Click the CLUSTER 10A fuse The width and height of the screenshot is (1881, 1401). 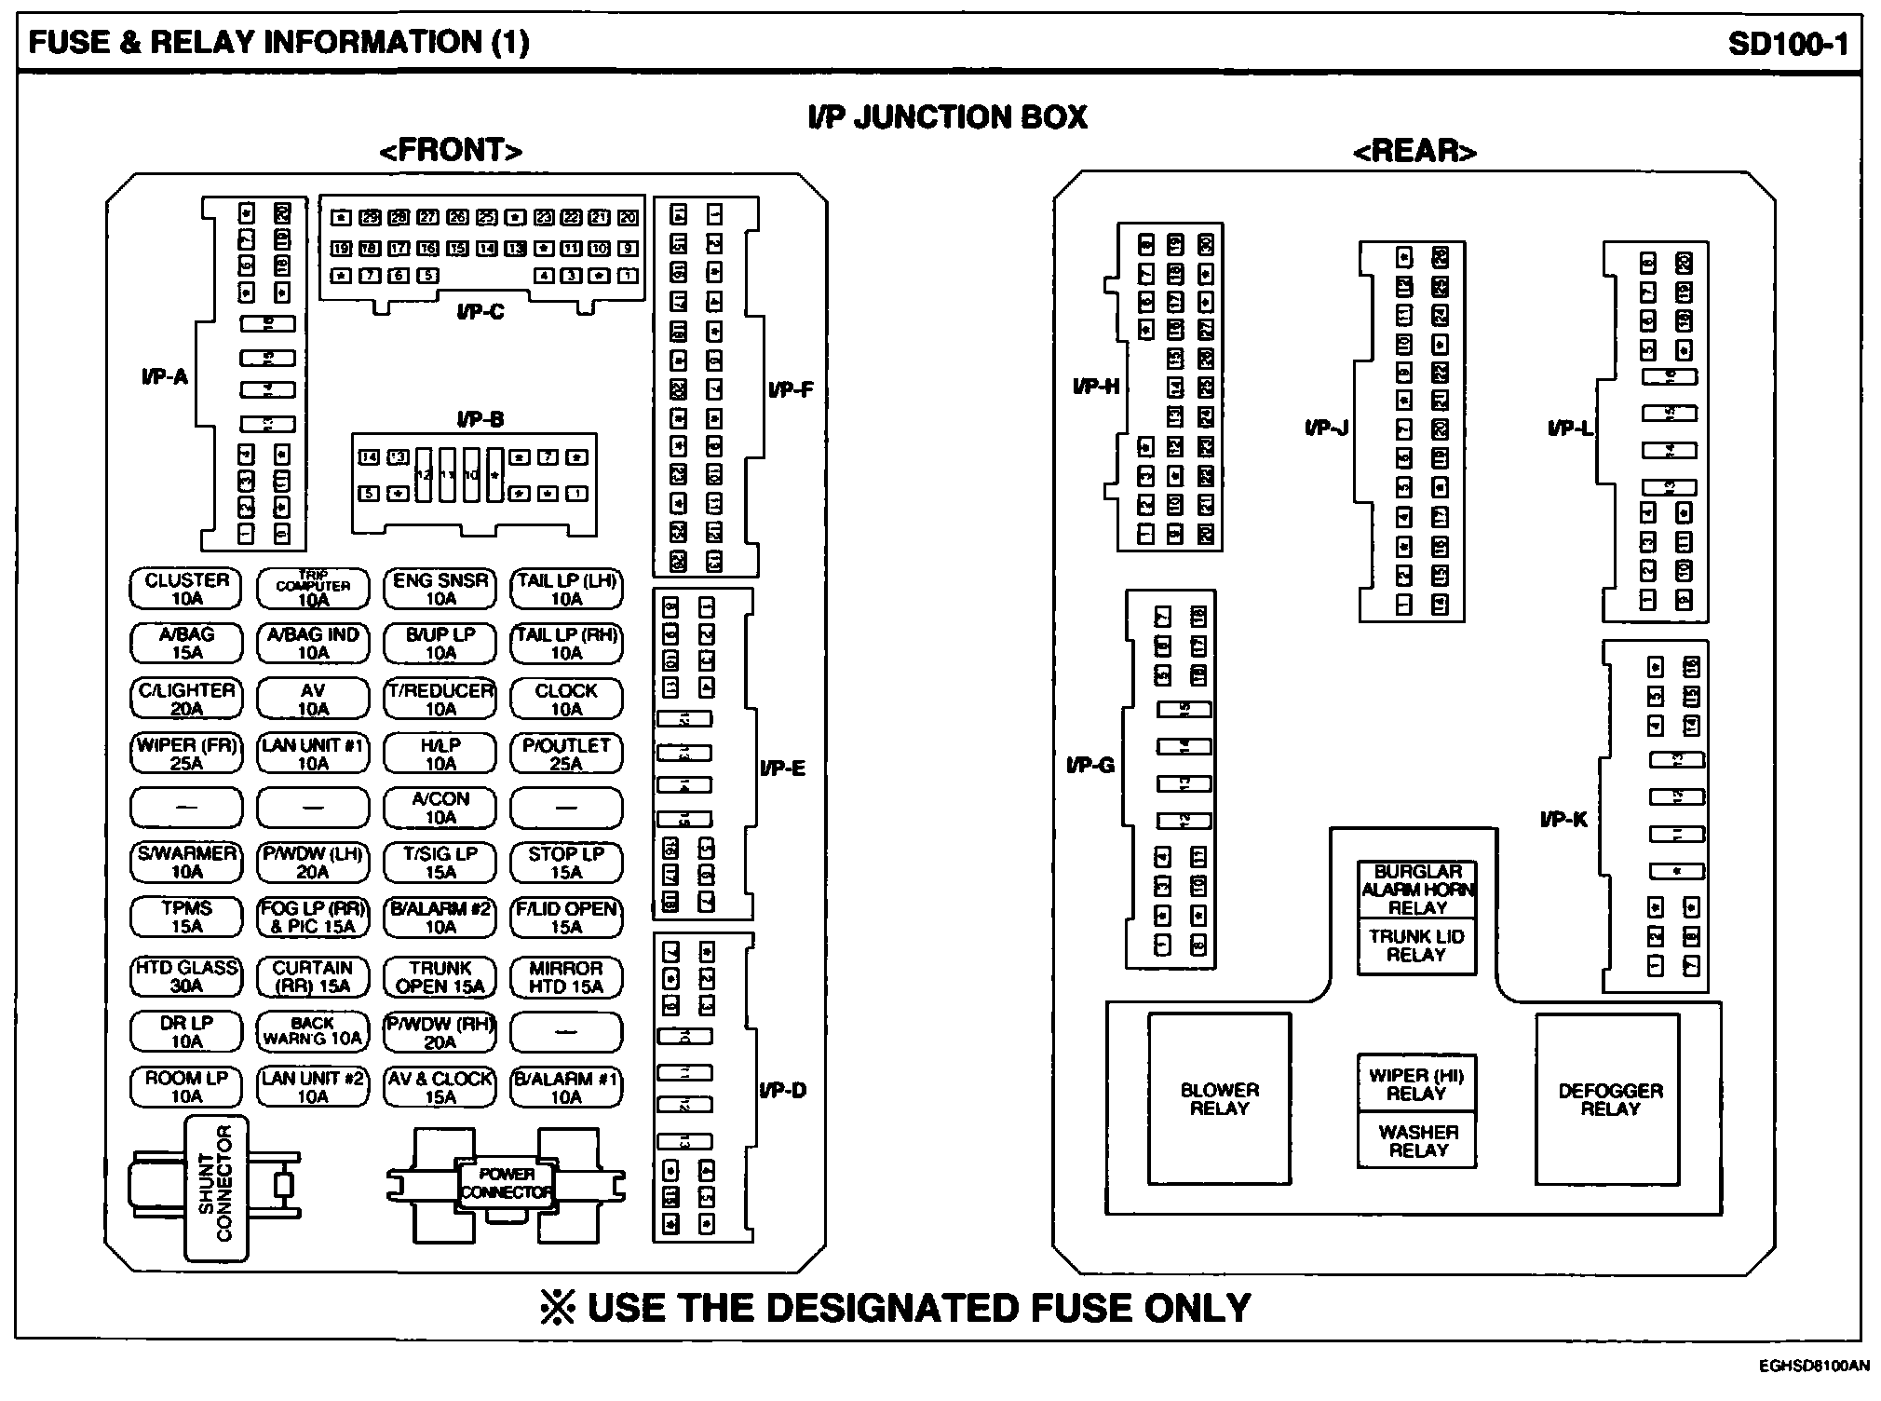click(186, 589)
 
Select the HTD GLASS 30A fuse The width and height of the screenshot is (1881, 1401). click(186, 976)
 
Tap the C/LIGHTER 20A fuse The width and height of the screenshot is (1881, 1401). click(186, 699)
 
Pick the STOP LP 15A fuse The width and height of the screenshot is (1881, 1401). click(566, 863)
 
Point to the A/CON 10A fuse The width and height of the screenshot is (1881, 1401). click(440, 808)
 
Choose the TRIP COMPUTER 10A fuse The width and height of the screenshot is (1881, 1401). click(313, 589)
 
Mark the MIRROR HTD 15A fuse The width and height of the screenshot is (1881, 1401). click(566, 976)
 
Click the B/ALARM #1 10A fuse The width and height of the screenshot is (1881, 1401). click(566, 1087)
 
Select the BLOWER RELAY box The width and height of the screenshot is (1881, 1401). click(1219, 1099)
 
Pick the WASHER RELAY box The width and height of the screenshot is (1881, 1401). click(1417, 1140)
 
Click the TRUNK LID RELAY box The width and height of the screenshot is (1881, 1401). click(1417, 945)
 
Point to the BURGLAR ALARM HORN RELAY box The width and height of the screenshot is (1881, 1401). click(1417, 890)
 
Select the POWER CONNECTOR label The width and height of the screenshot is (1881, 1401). click(507, 1183)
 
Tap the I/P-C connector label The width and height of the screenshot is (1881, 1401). click(480, 312)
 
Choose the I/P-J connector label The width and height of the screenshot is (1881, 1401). click(1326, 428)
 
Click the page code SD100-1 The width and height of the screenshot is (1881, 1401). click(1788, 43)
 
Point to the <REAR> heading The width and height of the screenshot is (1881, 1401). click(1414, 151)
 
